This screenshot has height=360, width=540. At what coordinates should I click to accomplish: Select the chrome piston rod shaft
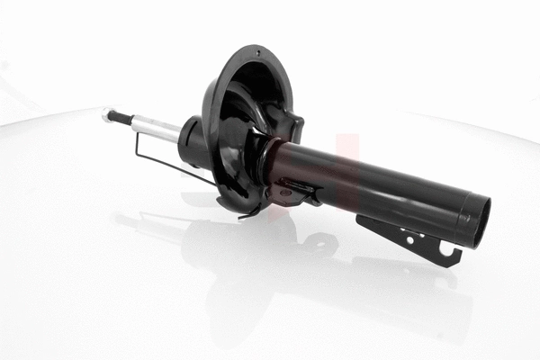pyautogui.click(x=158, y=128)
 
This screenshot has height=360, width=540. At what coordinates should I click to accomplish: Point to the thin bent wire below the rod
pyautogui.click(x=171, y=166)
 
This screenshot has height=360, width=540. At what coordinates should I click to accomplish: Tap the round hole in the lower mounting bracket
pyautogui.click(x=409, y=239)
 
